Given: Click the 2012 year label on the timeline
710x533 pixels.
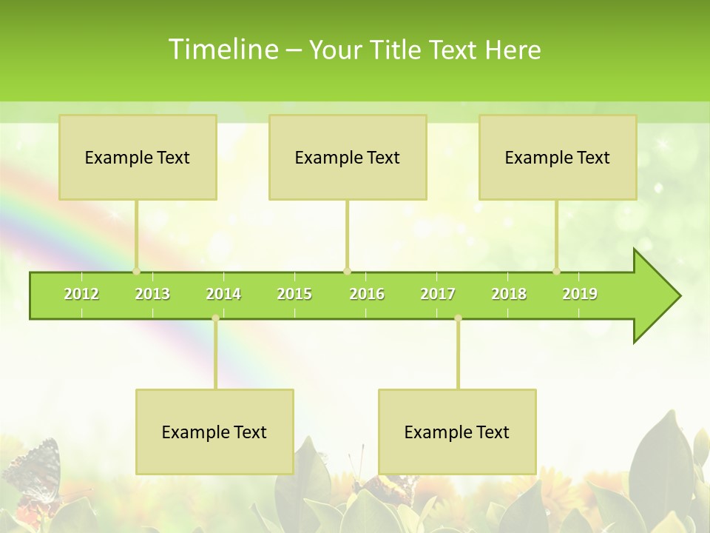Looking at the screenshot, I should click(x=81, y=294).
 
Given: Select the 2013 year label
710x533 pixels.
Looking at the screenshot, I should click(x=152, y=294).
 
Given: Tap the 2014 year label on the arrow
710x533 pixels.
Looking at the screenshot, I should click(x=223, y=294).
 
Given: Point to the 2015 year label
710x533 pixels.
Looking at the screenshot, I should click(x=294, y=294).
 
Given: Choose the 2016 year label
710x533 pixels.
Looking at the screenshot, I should click(x=367, y=294).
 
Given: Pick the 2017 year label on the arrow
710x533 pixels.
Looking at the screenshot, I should click(x=438, y=294).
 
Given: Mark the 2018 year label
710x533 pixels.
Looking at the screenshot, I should click(x=509, y=294).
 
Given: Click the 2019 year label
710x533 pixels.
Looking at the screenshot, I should click(x=580, y=294).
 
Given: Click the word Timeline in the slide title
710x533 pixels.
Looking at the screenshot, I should click(x=223, y=50).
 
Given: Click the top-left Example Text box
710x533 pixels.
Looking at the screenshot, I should click(x=138, y=157).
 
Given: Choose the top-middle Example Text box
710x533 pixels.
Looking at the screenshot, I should click(x=348, y=157).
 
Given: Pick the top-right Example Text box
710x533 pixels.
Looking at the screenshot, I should click(x=558, y=157).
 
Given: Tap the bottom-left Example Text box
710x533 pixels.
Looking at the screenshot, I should click(x=214, y=432).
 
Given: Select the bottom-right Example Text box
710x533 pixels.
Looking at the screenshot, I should click(x=457, y=432).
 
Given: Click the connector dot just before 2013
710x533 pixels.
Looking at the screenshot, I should click(x=136, y=271).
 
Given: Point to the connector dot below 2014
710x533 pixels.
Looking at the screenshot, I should click(x=215, y=318).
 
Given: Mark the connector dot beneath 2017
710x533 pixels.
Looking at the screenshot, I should click(x=458, y=318).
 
